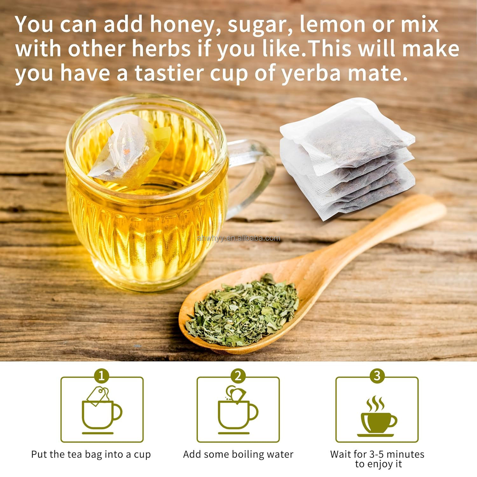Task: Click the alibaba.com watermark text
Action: tap(238, 238)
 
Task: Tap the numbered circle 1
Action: tap(101, 376)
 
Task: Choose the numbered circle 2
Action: tap(238, 376)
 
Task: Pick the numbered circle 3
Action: tap(377, 376)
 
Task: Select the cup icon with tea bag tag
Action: tap(101, 410)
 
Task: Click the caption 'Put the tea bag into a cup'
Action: tap(91, 455)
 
